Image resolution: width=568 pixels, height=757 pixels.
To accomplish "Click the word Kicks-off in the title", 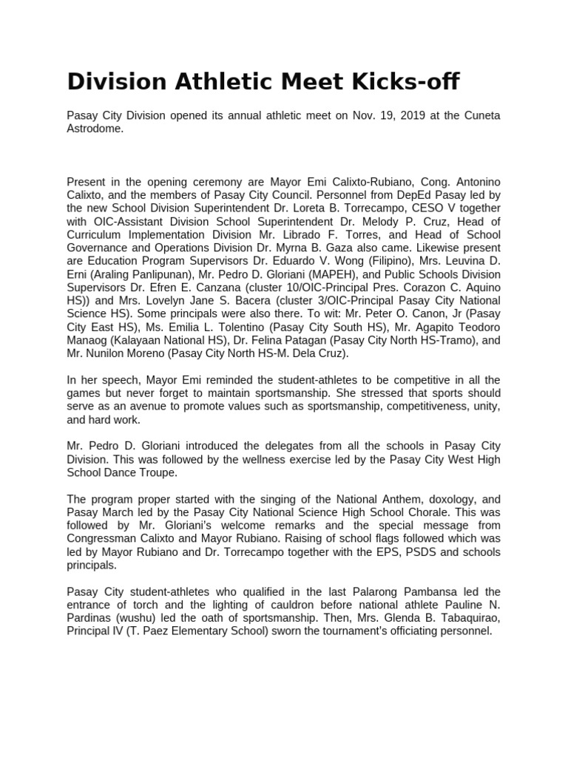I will [396, 81].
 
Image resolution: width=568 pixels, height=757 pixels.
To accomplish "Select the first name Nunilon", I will [110, 353].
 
